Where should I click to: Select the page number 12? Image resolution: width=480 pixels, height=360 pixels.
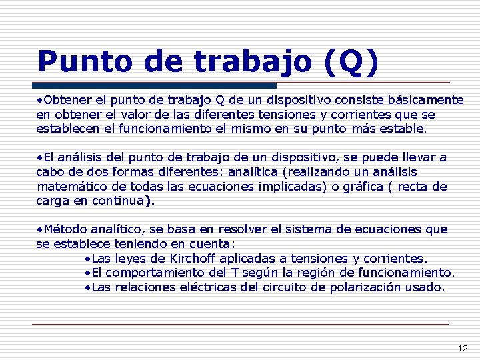tap(463, 348)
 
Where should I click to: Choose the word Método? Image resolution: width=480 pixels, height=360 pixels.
tap(63, 229)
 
